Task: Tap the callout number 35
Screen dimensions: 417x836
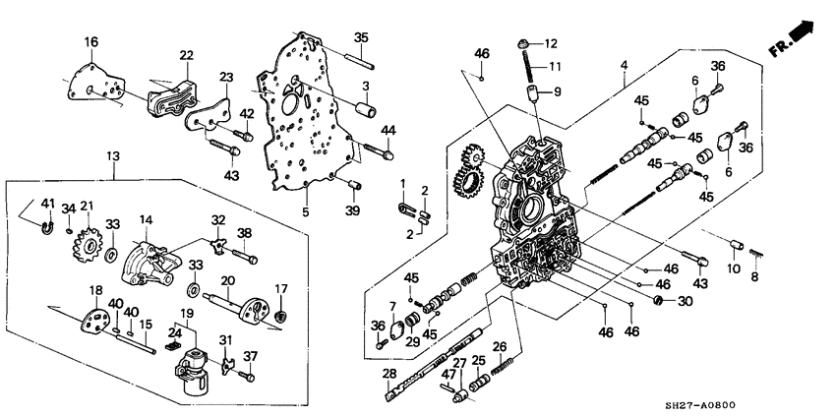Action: (361, 37)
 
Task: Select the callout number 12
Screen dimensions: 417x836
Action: (550, 43)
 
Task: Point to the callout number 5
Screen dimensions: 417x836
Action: (306, 211)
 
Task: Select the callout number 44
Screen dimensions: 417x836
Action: (388, 130)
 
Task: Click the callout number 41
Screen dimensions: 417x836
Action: (47, 204)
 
